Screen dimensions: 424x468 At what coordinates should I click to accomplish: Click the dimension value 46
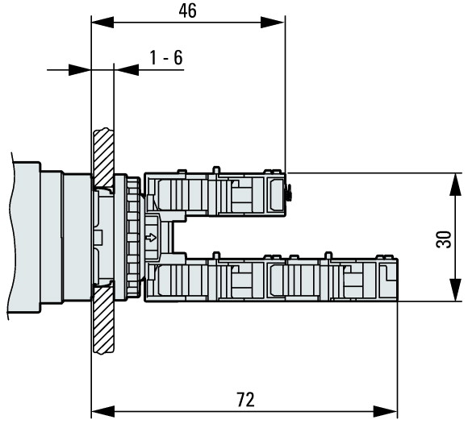187,10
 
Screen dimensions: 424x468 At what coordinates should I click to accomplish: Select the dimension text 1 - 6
166,58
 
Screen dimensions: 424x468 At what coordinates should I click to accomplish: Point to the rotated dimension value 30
443,238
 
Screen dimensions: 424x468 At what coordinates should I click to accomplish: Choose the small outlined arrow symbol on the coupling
151,237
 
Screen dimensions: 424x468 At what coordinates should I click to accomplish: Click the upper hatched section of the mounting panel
103,157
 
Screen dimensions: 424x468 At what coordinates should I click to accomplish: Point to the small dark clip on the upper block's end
288,191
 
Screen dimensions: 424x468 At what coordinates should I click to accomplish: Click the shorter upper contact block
215,194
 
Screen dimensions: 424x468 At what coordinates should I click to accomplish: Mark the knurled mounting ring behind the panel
132,236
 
